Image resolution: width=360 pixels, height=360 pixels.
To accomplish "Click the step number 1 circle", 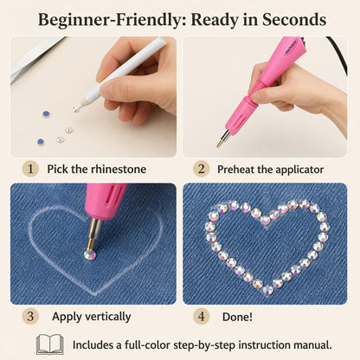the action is [x=30, y=169].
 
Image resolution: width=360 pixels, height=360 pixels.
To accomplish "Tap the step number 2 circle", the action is [x=201, y=169].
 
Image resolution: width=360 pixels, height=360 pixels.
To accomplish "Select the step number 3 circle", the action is [x=30, y=316].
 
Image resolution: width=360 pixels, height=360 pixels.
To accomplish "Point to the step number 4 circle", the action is [x=201, y=316].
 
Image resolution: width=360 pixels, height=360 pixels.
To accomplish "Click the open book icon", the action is [x=50, y=344].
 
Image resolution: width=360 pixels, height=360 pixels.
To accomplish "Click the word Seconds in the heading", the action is [x=294, y=20].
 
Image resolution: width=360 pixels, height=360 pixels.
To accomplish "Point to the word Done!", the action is [x=237, y=317].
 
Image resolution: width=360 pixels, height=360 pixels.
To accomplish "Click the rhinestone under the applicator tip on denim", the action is [x=90, y=255].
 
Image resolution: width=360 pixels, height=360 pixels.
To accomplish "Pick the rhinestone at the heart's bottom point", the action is [x=267, y=289].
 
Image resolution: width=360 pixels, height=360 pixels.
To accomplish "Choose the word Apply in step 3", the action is [x=67, y=317].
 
